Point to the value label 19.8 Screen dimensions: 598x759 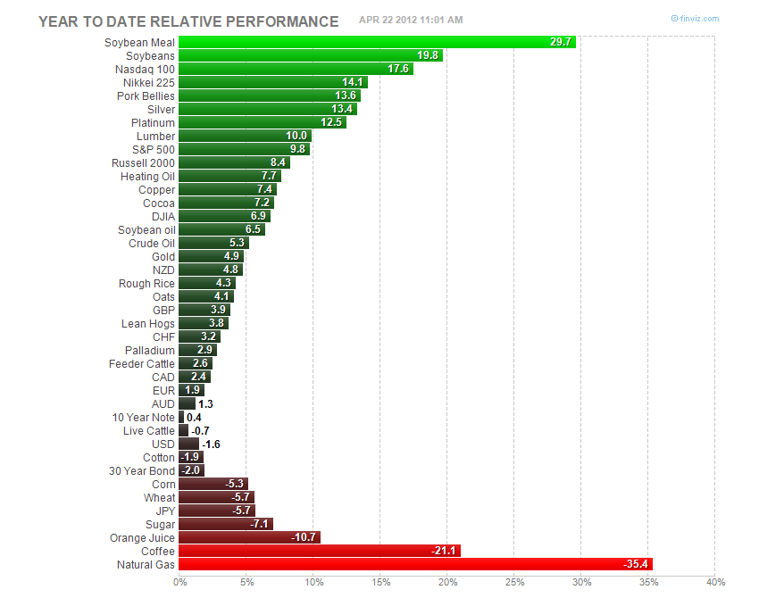pyautogui.click(x=430, y=55)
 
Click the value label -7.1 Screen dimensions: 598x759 pyautogui.click(x=261, y=524)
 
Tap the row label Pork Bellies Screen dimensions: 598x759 pyautogui.click(x=146, y=96)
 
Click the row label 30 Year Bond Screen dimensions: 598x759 pyautogui.click(x=142, y=470)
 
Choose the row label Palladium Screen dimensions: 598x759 pyautogui.click(x=152, y=350)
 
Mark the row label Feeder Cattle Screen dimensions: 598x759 pyautogui.click(x=142, y=363)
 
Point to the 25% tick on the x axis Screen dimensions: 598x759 pyautogui.click(x=513, y=583)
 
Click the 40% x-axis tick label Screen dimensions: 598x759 pyautogui.click(x=714, y=583)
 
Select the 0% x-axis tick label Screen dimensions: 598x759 pyautogui.click(x=179, y=583)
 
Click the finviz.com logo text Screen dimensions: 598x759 pyautogui.click(x=698, y=19)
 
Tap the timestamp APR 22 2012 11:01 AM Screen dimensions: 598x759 pyautogui.click(x=411, y=20)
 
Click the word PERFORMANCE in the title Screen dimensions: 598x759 pyautogui.click(x=286, y=21)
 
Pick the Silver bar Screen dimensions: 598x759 pyautogui.click(x=268, y=109)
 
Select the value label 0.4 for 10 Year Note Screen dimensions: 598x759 pyautogui.click(x=194, y=417)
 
